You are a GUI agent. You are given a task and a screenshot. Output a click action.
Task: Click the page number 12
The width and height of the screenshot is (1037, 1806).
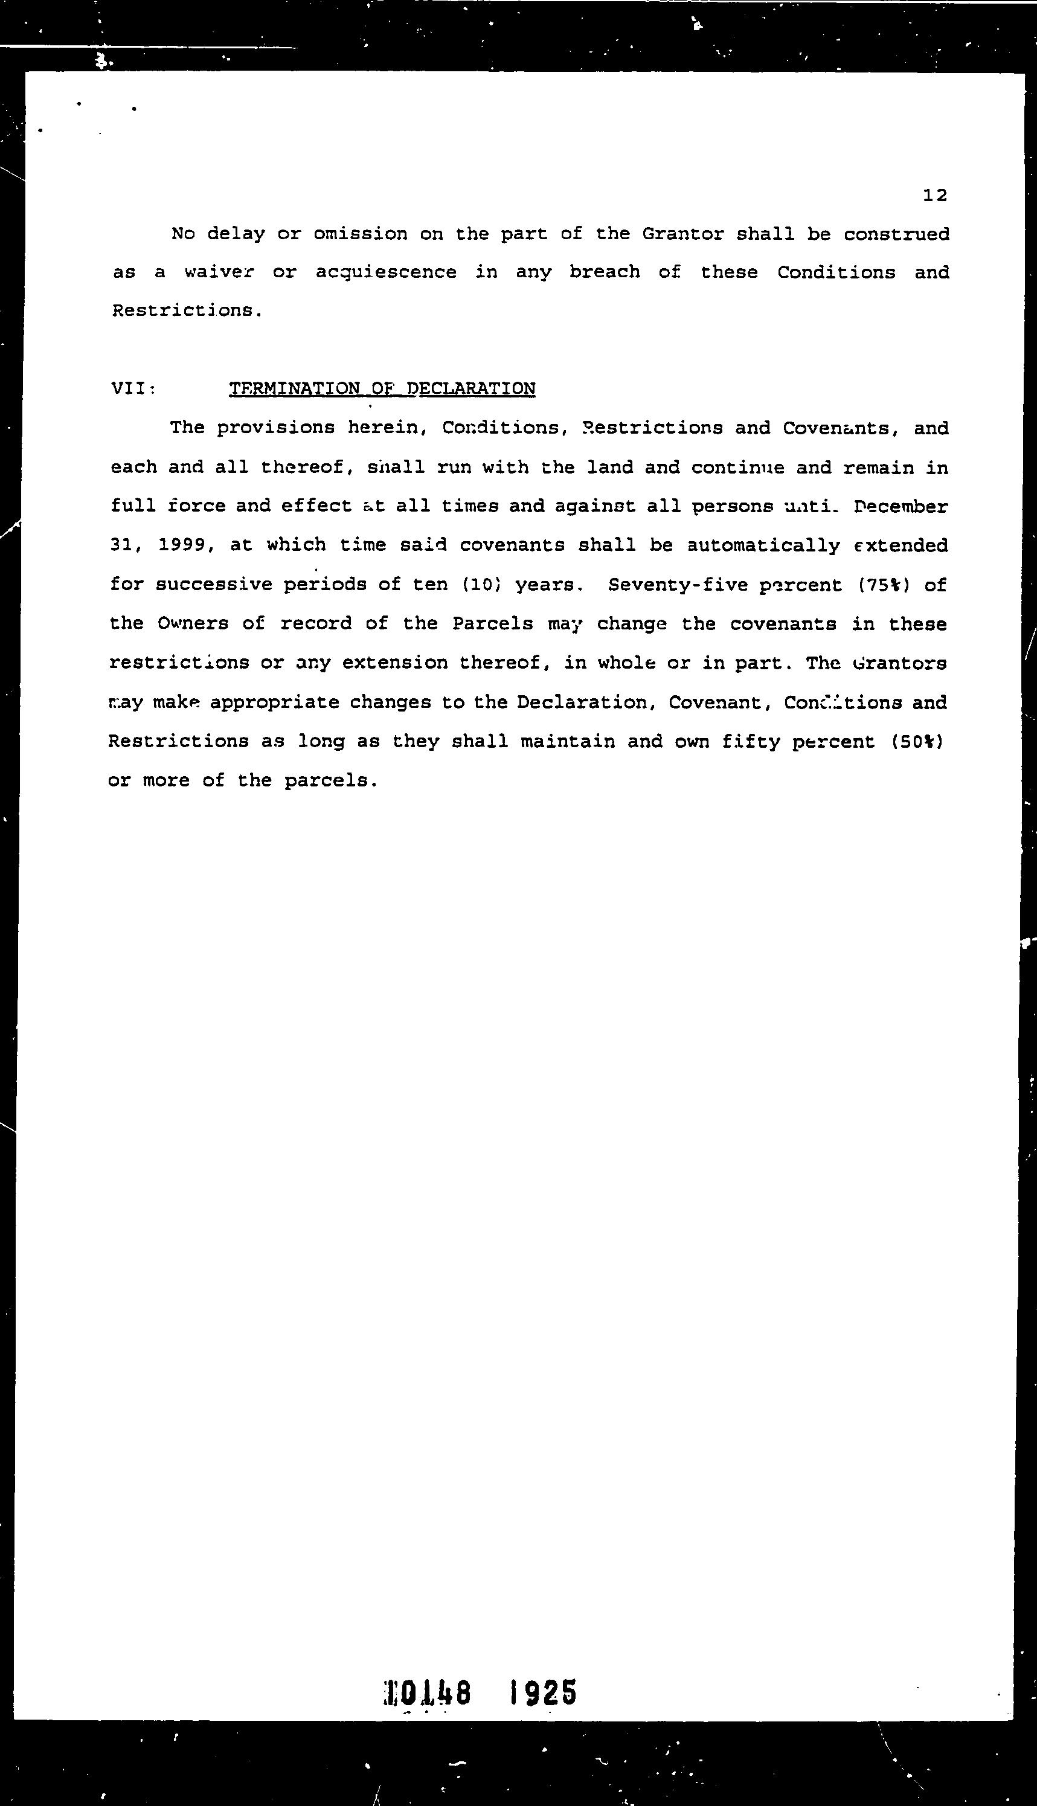click(934, 195)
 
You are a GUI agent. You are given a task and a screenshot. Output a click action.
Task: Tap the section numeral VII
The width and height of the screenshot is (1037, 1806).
click(132, 389)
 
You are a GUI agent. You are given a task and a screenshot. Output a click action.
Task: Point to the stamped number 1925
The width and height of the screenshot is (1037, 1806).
click(544, 1692)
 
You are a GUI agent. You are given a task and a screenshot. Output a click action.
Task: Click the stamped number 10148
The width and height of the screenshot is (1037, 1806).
click(428, 1692)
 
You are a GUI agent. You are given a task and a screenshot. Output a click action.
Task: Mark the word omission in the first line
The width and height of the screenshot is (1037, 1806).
click(361, 234)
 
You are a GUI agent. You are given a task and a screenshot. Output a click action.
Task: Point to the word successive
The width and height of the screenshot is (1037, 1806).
click(214, 585)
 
